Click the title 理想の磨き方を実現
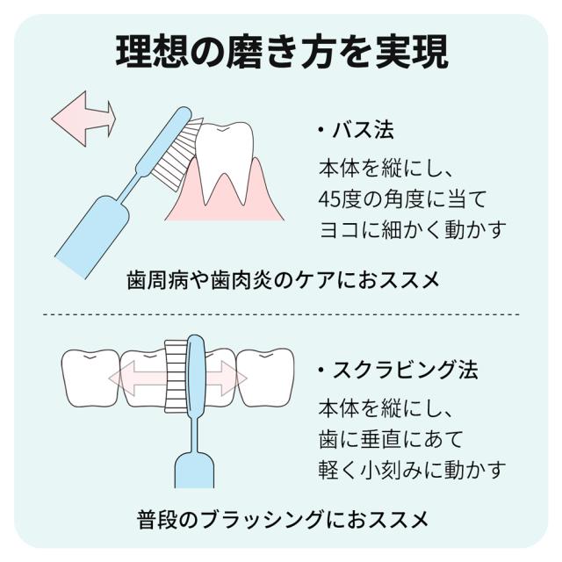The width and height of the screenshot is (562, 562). tap(282, 52)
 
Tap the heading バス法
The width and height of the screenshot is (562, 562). tap(363, 130)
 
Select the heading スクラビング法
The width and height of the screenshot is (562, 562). tap(406, 370)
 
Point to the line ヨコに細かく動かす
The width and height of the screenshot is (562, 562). tap(413, 229)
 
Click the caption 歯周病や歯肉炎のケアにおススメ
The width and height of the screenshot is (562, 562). tap(283, 280)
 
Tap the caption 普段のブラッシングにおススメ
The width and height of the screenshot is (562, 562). tap(283, 520)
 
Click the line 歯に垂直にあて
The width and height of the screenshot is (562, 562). tap(392, 439)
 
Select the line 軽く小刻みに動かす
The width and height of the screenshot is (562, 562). tap(413, 470)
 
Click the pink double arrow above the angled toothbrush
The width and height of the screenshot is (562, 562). tap(84, 119)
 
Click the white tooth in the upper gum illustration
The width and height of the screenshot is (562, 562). tap(225, 158)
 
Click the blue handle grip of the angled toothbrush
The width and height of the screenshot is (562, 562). tap(92, 237)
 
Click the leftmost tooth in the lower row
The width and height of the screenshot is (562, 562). tap(90, 378)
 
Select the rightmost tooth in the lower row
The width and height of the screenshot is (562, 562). tap(265, 378)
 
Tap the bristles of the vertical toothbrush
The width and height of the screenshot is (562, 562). tap(176, 376)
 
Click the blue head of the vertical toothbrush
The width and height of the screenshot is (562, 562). tap(196, 377)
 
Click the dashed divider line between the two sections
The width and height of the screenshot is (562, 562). tap(281, 314)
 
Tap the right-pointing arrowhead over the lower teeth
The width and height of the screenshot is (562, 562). tap(234, 378)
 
